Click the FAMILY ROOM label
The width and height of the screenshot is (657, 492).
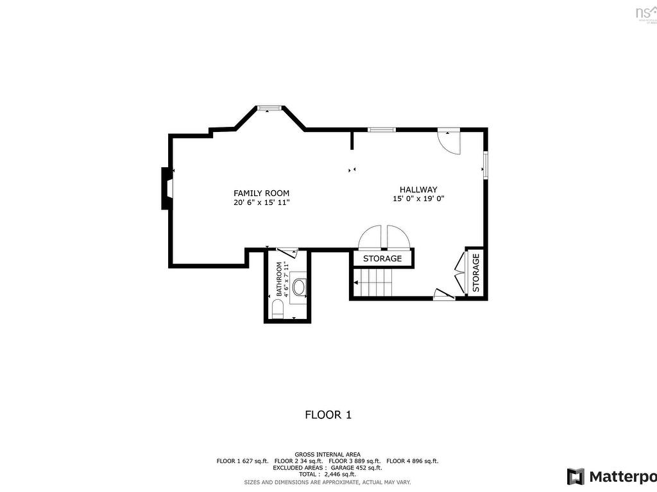tap(261, 193)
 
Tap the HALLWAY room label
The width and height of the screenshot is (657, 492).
tap(418, 190)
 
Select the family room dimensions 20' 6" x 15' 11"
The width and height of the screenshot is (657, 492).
tap(261, 202)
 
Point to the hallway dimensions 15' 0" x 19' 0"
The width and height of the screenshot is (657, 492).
tap(418, 199)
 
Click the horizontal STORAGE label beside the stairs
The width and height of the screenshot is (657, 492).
tap(382, 259)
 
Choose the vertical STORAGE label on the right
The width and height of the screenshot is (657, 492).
tap(476, 273)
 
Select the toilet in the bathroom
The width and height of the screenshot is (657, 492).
tap(277, 311)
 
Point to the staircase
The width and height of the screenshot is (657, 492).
tap(372, 282)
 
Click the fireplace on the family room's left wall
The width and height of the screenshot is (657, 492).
tap(166, 188)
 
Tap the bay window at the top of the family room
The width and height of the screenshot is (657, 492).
tap(268, 108)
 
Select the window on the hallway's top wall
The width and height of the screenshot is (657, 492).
tap(381, 130)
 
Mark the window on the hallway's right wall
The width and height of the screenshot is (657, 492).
tap(485, 164)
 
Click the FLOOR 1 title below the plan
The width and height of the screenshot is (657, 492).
tap(328, 415)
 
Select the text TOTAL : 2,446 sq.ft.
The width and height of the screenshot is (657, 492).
tap(327, 474)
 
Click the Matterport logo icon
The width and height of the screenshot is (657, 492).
tap(576, 477)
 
